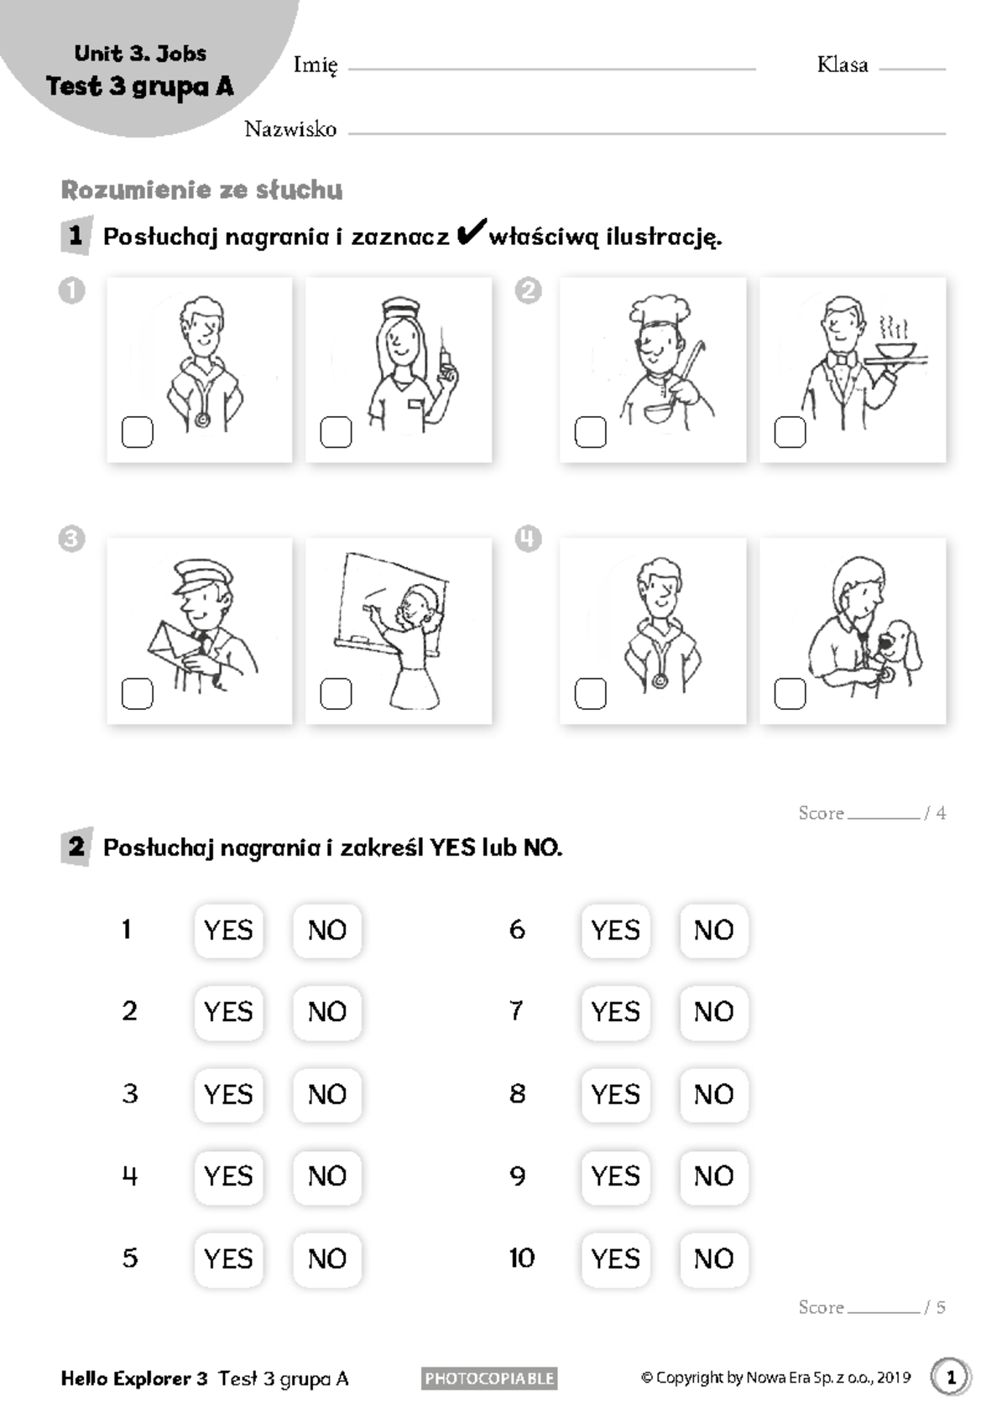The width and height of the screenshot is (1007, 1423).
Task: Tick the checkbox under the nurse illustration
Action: [337, 432]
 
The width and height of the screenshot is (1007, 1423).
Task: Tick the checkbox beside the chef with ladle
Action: [590, 432]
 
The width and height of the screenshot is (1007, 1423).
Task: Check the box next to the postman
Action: [138, 693]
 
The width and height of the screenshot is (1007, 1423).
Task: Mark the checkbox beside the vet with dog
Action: [790, 693]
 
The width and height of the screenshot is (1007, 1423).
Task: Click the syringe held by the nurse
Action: [446, 357]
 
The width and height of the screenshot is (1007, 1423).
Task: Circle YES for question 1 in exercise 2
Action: [229, 930]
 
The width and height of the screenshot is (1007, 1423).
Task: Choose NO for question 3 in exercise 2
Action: [327, 1095]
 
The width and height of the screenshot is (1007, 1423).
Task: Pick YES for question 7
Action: [616, 1012]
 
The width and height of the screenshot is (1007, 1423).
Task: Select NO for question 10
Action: [714, 1259]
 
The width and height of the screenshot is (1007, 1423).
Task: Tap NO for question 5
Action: [327, 1259]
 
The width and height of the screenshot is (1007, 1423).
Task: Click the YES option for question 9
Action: [616, 1175]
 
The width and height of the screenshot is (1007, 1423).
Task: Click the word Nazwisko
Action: [290, 129]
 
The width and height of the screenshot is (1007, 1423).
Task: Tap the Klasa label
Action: [843, 64]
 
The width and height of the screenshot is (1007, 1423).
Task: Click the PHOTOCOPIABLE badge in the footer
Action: [489, 1378]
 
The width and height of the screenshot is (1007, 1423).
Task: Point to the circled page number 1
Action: [951, 1378]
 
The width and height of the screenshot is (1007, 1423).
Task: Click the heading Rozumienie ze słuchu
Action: [202, 190]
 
